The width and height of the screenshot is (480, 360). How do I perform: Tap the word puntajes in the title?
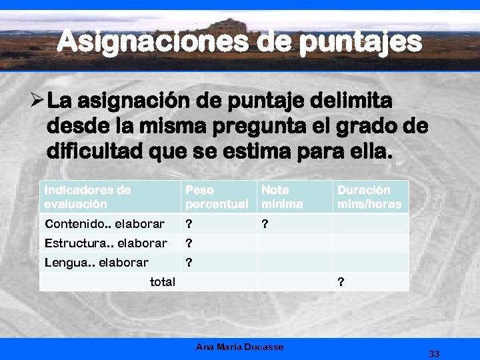[361, 43]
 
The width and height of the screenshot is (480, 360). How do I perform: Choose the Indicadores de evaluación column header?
[87, 197]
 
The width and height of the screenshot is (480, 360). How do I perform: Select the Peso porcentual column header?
[216, 197]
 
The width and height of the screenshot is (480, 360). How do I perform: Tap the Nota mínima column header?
[282, 197]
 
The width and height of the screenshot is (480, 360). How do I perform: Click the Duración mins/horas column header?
[369, 197]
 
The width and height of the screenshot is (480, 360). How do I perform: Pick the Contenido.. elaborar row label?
[104, 224]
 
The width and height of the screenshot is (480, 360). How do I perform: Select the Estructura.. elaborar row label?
[105, 243]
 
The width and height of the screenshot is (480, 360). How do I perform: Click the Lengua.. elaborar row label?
[96, 263]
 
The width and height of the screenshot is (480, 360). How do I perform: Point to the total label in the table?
[162, 282]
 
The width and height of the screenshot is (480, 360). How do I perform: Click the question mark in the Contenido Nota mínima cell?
[265, 224]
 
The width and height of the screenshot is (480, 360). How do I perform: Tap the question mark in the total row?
[341, 282]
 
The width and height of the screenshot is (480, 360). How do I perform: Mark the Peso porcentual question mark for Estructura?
[189, 243]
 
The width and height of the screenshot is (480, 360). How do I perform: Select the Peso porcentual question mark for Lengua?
[189, 263]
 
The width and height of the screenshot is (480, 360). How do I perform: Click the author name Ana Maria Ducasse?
[240, 347]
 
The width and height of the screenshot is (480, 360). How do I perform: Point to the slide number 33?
[434, 353]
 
